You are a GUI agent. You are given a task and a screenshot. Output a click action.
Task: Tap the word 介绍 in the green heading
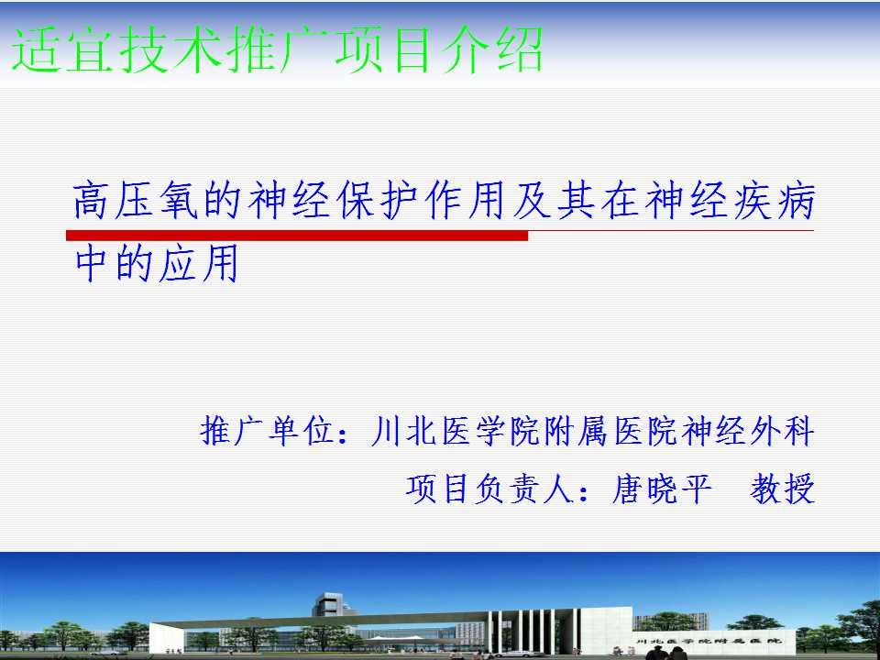coord(492,49)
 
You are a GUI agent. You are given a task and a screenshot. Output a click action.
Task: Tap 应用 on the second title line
coord(198,263)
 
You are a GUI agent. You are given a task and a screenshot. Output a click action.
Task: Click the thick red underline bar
coord(297,236)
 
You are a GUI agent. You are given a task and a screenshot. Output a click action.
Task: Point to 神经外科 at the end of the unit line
coord(748,431)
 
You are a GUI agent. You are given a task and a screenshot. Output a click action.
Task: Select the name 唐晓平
coord(662,489)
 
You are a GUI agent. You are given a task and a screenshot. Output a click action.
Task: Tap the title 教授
coord(782,489)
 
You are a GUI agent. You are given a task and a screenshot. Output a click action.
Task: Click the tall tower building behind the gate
coord(332,609)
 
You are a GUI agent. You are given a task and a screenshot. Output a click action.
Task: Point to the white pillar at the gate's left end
coord(166,639)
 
